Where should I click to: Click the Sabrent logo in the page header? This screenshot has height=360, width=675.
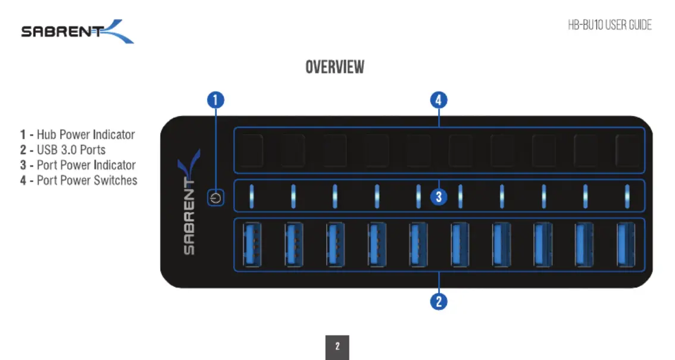77,32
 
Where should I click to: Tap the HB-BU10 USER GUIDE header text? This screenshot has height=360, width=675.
610,25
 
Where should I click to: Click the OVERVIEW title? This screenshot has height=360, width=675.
335,67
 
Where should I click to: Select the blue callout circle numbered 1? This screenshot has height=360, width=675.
215,100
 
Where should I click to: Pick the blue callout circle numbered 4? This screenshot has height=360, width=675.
439,100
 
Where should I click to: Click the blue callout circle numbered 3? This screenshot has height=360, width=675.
439,197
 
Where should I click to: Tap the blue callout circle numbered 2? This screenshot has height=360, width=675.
439,302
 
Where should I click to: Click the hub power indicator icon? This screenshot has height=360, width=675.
215,198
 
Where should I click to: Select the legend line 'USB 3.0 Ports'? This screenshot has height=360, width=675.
63,150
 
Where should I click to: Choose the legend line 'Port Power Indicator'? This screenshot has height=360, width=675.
78,165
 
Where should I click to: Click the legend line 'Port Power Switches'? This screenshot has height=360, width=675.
79,180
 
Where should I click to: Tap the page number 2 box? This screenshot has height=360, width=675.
337,347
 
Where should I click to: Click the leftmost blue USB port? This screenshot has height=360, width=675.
252,245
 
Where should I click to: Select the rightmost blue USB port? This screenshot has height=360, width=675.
626,245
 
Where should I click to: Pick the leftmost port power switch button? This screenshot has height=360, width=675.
251,150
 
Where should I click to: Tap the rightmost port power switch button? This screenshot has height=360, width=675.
627,150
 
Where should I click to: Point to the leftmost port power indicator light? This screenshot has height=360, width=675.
251,196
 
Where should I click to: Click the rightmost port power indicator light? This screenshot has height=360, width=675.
627,196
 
